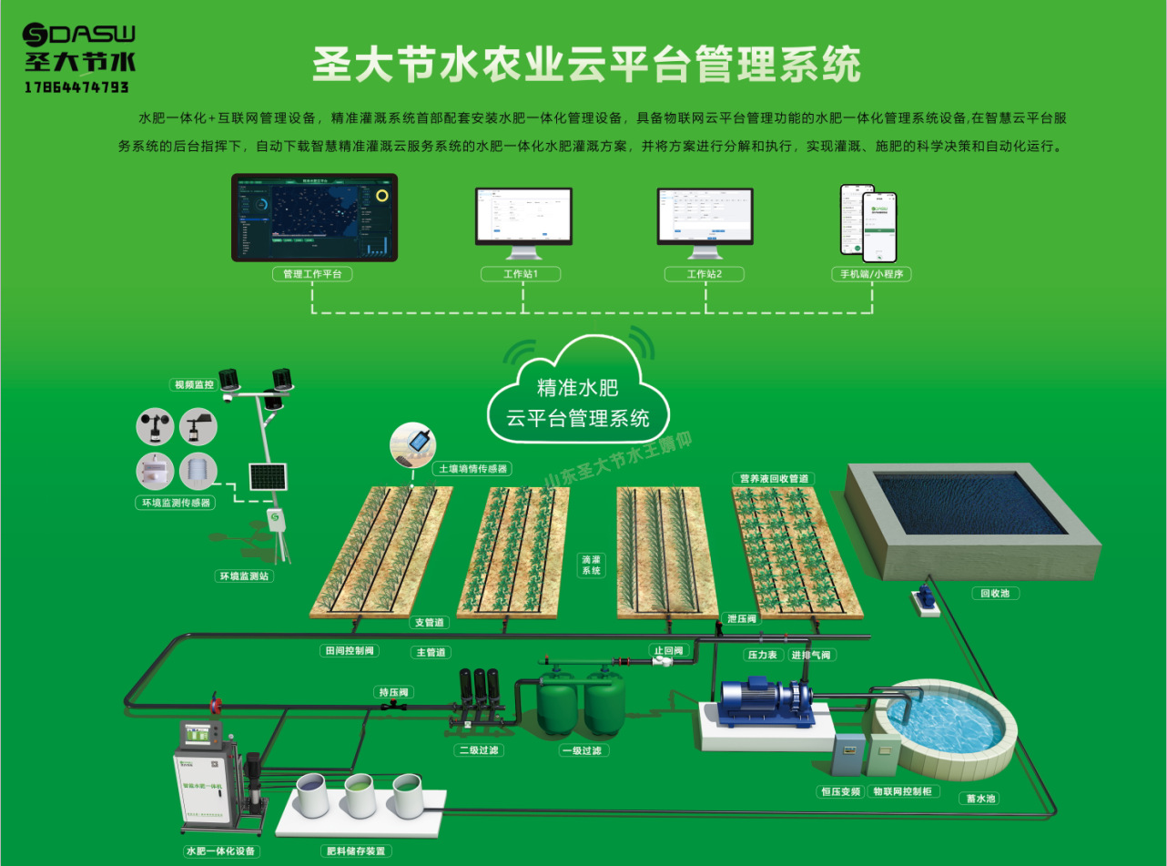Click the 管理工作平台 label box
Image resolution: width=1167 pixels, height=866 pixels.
coord(312,274)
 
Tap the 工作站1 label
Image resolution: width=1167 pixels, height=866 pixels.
coord(521,274)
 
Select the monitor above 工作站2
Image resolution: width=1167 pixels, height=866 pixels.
coord(705,216)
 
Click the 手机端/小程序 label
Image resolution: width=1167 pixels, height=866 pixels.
coord(871,274)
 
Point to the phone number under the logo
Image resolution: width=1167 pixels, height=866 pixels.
coord(76,87)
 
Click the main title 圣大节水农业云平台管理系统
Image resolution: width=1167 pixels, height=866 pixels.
coord(586,66)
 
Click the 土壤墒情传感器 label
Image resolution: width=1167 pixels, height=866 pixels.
coord(472,468)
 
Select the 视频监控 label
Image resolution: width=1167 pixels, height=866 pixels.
coord(193,385)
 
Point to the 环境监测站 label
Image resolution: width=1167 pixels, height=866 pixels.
coord(245,576)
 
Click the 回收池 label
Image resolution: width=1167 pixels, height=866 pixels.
coord(995,593)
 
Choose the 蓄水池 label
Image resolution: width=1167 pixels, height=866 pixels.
coord(978,798)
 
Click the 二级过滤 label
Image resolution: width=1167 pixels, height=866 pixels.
coord(479,750)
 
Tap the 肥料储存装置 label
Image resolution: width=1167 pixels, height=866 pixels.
coord(356,851)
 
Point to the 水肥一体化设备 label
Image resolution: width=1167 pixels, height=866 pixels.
coord(222,851)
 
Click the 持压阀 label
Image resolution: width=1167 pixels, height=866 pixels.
coord(393,692)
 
